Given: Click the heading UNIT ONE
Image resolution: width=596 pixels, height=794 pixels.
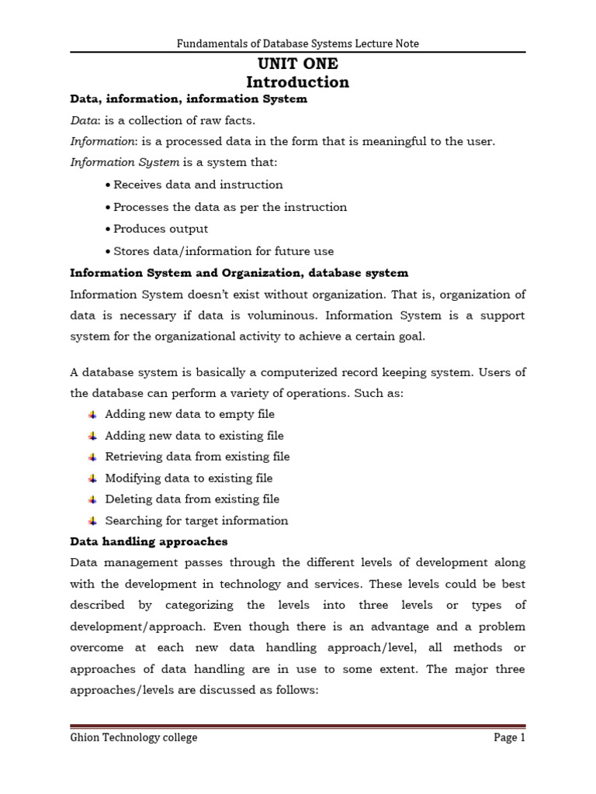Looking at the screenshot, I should [x=297, y=64].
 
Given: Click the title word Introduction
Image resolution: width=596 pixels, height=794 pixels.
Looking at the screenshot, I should [x=297, y=82].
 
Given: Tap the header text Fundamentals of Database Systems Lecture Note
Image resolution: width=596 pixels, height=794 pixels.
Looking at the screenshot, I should [x=297, y=44].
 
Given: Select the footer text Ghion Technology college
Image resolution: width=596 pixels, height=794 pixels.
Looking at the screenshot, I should [x=133, y=737].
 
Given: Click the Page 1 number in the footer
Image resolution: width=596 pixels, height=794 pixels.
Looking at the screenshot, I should [x=510, y=737].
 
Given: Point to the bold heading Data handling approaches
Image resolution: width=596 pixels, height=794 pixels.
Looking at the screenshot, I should [x=148, y=541].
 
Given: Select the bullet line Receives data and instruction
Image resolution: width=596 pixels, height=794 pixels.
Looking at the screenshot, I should [x=198, y=185].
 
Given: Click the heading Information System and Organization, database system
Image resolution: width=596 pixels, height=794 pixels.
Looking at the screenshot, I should [x=239, y=273].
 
